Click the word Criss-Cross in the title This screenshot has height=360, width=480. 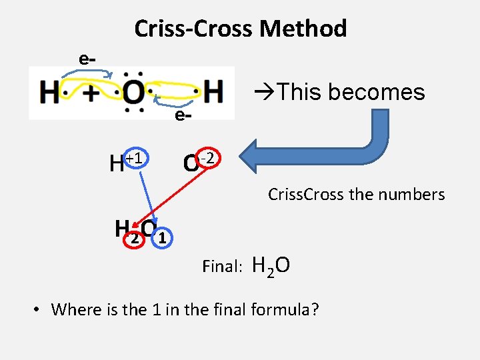click(195, 29)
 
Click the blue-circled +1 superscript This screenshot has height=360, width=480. click(136, 158)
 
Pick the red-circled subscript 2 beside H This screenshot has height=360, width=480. click(135, 238)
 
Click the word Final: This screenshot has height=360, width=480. click(222, 267)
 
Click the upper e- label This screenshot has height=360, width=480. click(87, 59)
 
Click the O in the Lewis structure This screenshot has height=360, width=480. click(133, 93)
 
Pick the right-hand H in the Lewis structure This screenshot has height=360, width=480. click(213, 92)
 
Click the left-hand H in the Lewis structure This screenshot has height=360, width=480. click(49, 93)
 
